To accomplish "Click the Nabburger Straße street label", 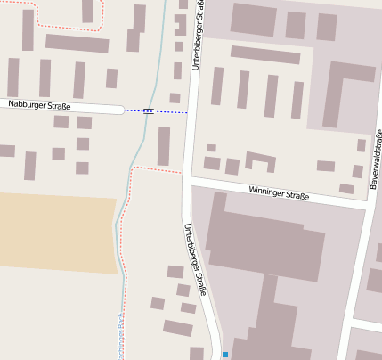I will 39,106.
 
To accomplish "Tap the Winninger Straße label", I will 279,192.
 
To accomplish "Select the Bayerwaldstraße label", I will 376,160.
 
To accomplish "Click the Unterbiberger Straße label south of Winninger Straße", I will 196,259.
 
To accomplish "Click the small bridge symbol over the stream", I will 148,111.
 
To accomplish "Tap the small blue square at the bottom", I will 225,355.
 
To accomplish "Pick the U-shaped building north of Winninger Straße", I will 260,161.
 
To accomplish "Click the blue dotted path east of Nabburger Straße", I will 169,112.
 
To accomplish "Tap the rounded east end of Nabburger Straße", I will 118,110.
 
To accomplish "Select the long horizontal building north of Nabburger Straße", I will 77,43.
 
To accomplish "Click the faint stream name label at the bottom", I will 119,339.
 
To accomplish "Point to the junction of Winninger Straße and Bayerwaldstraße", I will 367,203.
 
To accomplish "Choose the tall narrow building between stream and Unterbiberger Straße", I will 164,145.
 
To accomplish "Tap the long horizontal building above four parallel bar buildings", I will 264,55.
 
